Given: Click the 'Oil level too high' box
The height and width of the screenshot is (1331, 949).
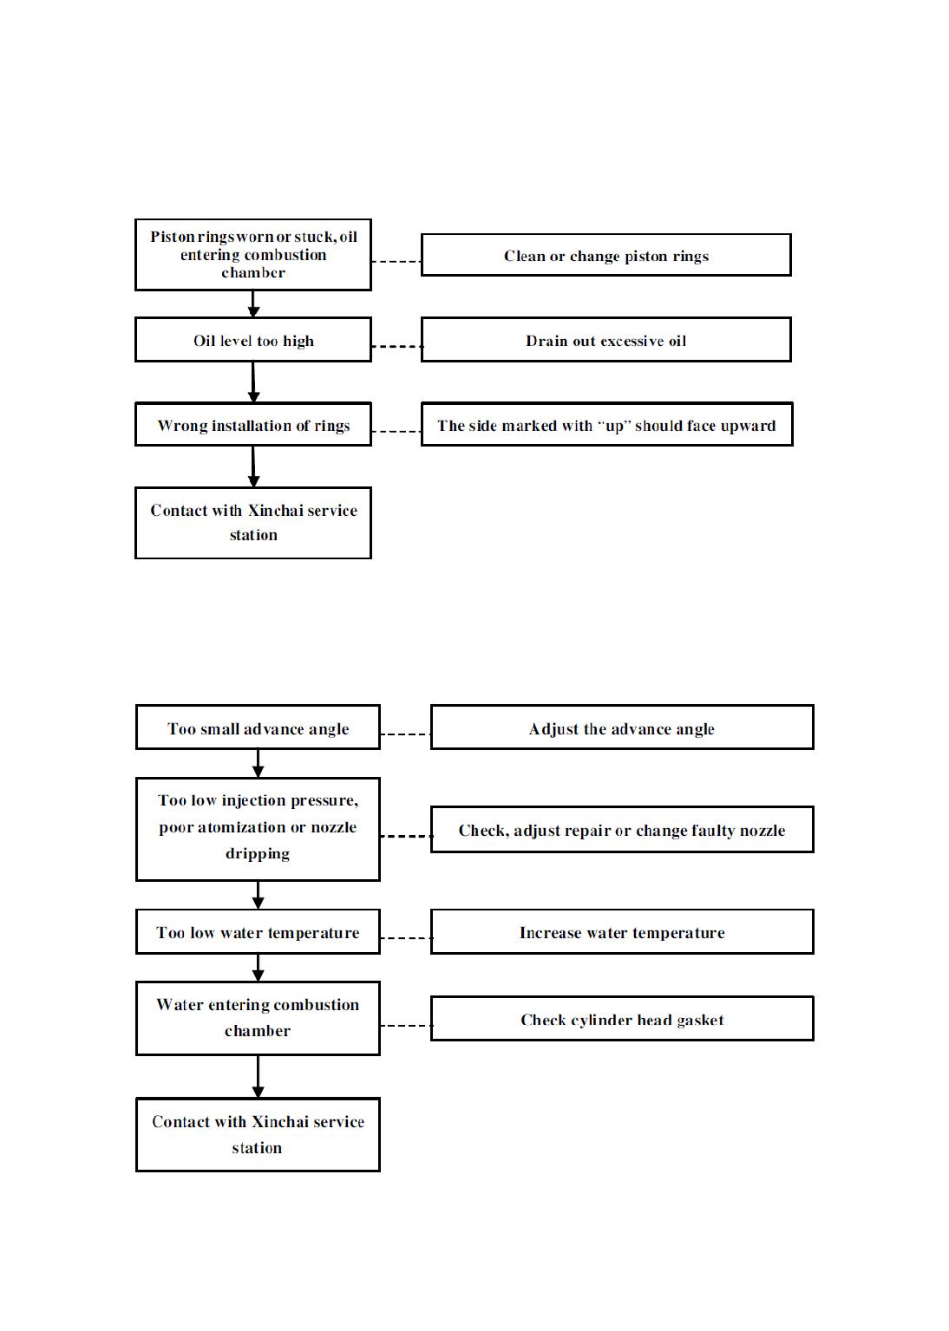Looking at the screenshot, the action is coord(253,339).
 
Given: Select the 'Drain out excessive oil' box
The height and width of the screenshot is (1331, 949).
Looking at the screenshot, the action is coord(605,339).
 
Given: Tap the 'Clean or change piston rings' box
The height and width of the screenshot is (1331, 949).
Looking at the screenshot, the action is coord(605,255).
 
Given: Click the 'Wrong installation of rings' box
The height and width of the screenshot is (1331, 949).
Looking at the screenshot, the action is coord(253,424).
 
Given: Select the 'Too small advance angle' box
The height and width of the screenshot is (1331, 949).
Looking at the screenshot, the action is coord(258,727).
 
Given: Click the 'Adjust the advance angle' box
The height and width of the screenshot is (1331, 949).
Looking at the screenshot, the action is coord(622,727).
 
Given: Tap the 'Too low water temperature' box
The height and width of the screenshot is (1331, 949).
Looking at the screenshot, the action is coord(258,931).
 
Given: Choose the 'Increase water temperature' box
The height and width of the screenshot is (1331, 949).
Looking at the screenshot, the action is coord(622,931).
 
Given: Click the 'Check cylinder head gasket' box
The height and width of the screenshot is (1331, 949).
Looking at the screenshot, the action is coord(622,1019).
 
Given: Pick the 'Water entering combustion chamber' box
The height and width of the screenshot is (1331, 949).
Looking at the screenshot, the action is coord(258,1019).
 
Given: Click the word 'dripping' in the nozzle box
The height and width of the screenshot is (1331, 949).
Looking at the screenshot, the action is coord(258,854).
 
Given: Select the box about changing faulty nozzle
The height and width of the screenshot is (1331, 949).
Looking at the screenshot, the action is coord(622,830).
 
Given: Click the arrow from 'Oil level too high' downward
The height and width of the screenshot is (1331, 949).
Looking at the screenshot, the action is coord(253,382).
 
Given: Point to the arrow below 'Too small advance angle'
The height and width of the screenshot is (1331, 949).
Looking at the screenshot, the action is coord(258,764).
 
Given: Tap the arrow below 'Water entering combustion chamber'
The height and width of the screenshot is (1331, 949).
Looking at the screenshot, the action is coord(258,1077).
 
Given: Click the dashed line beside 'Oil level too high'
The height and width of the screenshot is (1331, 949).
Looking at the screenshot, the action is coord(396,346).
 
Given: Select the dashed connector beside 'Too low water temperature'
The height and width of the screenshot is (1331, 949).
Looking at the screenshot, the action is coord(405,937).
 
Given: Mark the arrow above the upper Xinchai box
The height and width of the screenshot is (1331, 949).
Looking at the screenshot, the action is coord(253,467).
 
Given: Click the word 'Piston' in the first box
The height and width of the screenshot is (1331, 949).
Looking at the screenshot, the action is coord(172,237).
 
